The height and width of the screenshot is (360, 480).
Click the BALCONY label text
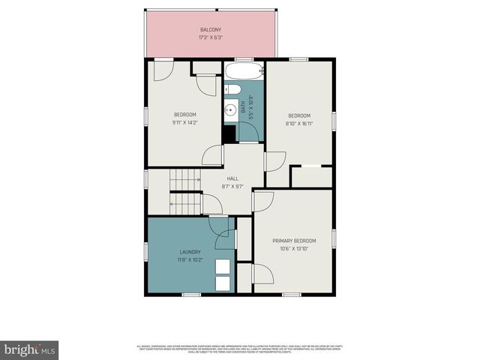tap(210, 30)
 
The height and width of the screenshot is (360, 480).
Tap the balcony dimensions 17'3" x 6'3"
tap(210, 37)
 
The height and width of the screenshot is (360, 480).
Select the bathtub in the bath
tap(244, 73)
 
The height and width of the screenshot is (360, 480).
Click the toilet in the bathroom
tap(233, 91)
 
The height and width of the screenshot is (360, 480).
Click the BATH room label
tap(242, 109)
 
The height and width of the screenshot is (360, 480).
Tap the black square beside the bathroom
tap(228, 133)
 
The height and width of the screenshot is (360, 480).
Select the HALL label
tap(232, 178)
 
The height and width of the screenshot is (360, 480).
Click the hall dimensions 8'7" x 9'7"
tap(232, 186)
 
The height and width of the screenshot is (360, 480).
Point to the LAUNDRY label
tap(189, 252)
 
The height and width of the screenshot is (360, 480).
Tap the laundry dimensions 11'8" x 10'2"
tap(189, 259)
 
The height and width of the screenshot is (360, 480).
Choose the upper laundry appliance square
tap(223, 267)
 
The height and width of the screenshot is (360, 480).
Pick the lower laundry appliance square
tap(223, 283)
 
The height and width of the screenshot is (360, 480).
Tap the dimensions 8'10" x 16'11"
tap(300, 122)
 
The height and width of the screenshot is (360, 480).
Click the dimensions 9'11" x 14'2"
tap(184, 122)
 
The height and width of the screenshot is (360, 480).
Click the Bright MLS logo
tap(30, 349)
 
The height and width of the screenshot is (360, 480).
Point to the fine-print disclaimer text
tap(240, 348)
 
